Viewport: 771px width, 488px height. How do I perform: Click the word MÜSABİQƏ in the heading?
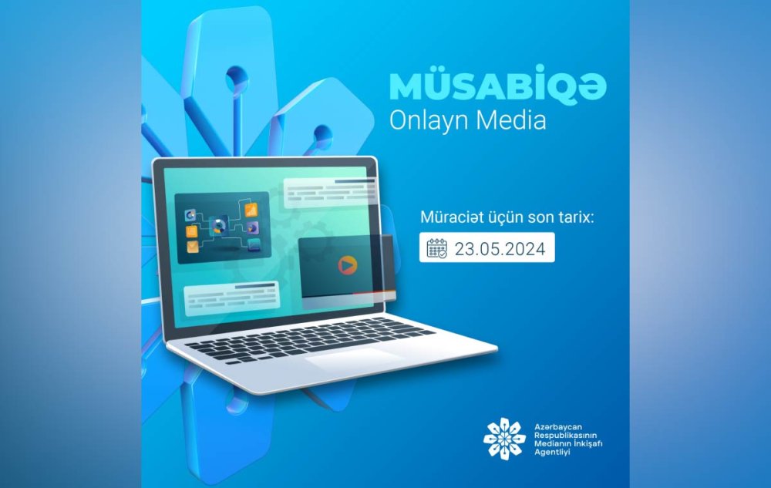point(498,86)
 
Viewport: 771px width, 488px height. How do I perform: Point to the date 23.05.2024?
point(500,249)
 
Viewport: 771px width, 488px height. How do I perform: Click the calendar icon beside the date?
point(436,248)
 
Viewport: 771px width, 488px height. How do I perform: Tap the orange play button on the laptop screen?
point(347,265)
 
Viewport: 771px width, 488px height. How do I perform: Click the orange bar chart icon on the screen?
point(251,210)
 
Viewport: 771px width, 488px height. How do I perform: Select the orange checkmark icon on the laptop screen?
point(193,246)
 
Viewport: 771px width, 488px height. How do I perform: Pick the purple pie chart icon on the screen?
point(253,227)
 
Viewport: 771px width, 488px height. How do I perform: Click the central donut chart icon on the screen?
point(219,227)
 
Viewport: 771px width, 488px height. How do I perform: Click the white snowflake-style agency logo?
point(504,439)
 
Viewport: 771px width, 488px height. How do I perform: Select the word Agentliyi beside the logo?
point(552,452)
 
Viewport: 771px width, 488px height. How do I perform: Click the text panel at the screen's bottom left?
point(231,297)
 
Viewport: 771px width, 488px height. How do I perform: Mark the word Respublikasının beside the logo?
point(565,436)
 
